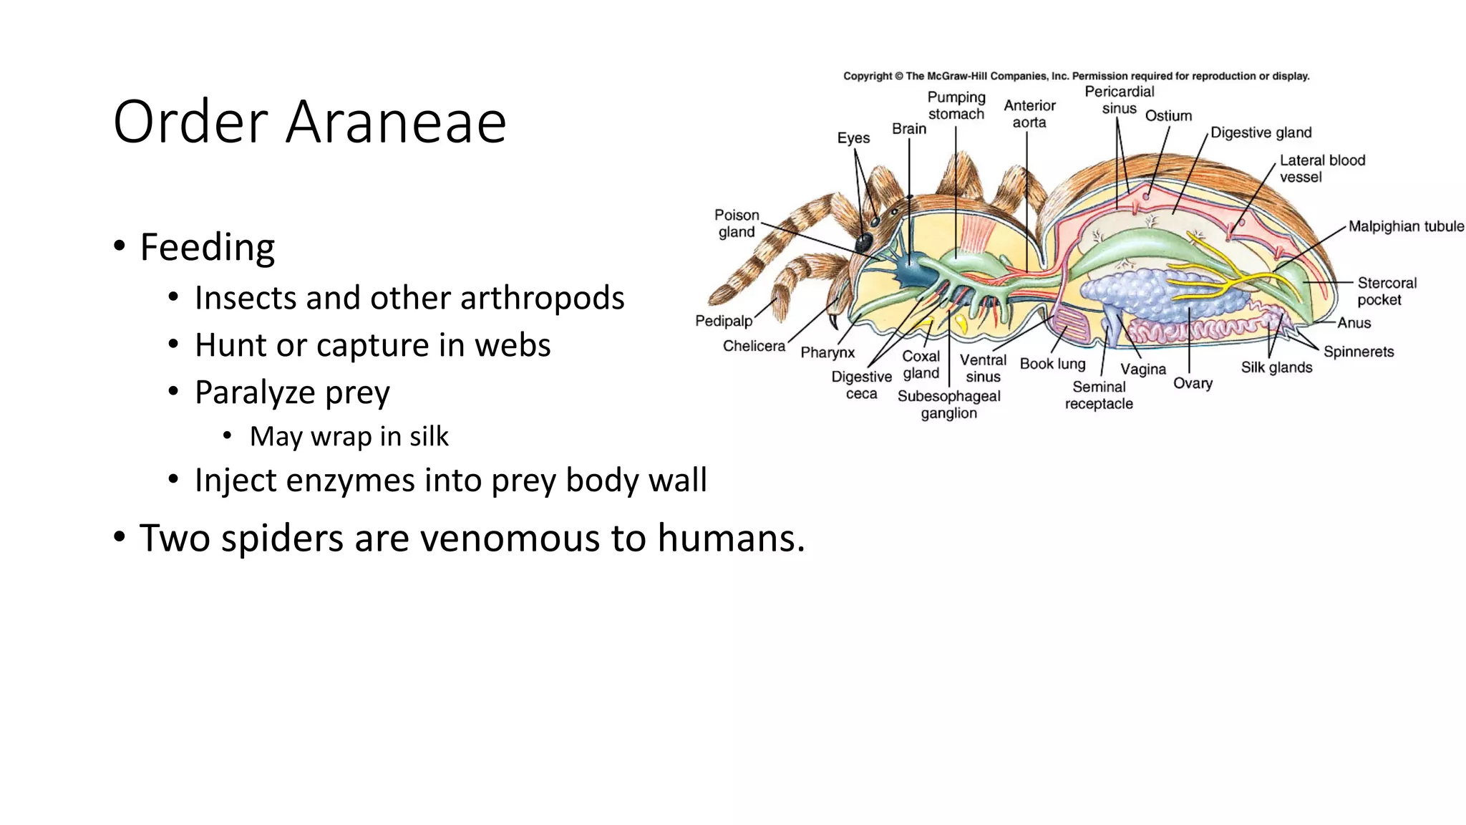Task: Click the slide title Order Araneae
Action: pyautogui.click(x=309, y=122)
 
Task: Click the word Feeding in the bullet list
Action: pyautogui.click(x=207, y=247)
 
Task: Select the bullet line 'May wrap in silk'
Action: pyautogui.click(x=349, y=436)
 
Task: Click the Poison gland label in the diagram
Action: pyautogui.click(x=736, y=223)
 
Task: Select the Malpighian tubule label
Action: pyautogui.click(x=1406, y=226)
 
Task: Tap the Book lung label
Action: pyautogui.click(x=1052, y=364)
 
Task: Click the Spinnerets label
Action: pyautogui.click(x=1358, y=352)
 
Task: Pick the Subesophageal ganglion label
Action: pyautogui.click(x=948, y=405)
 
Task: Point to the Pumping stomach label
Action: pyautogui.click(x=956, y=105)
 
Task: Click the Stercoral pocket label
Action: pyautogui.click(x=1387, y=291)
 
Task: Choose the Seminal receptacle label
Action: pyautogui.click(x=1099, y=395)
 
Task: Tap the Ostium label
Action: pyautogui.click(x=1168, y=116)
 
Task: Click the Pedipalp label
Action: pyautogui.click(x=724, y=321)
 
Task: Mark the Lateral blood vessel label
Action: pyautogui.click(x=1321, y=168)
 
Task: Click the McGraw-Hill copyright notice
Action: pyautogui.click(x=1076, y=76)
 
